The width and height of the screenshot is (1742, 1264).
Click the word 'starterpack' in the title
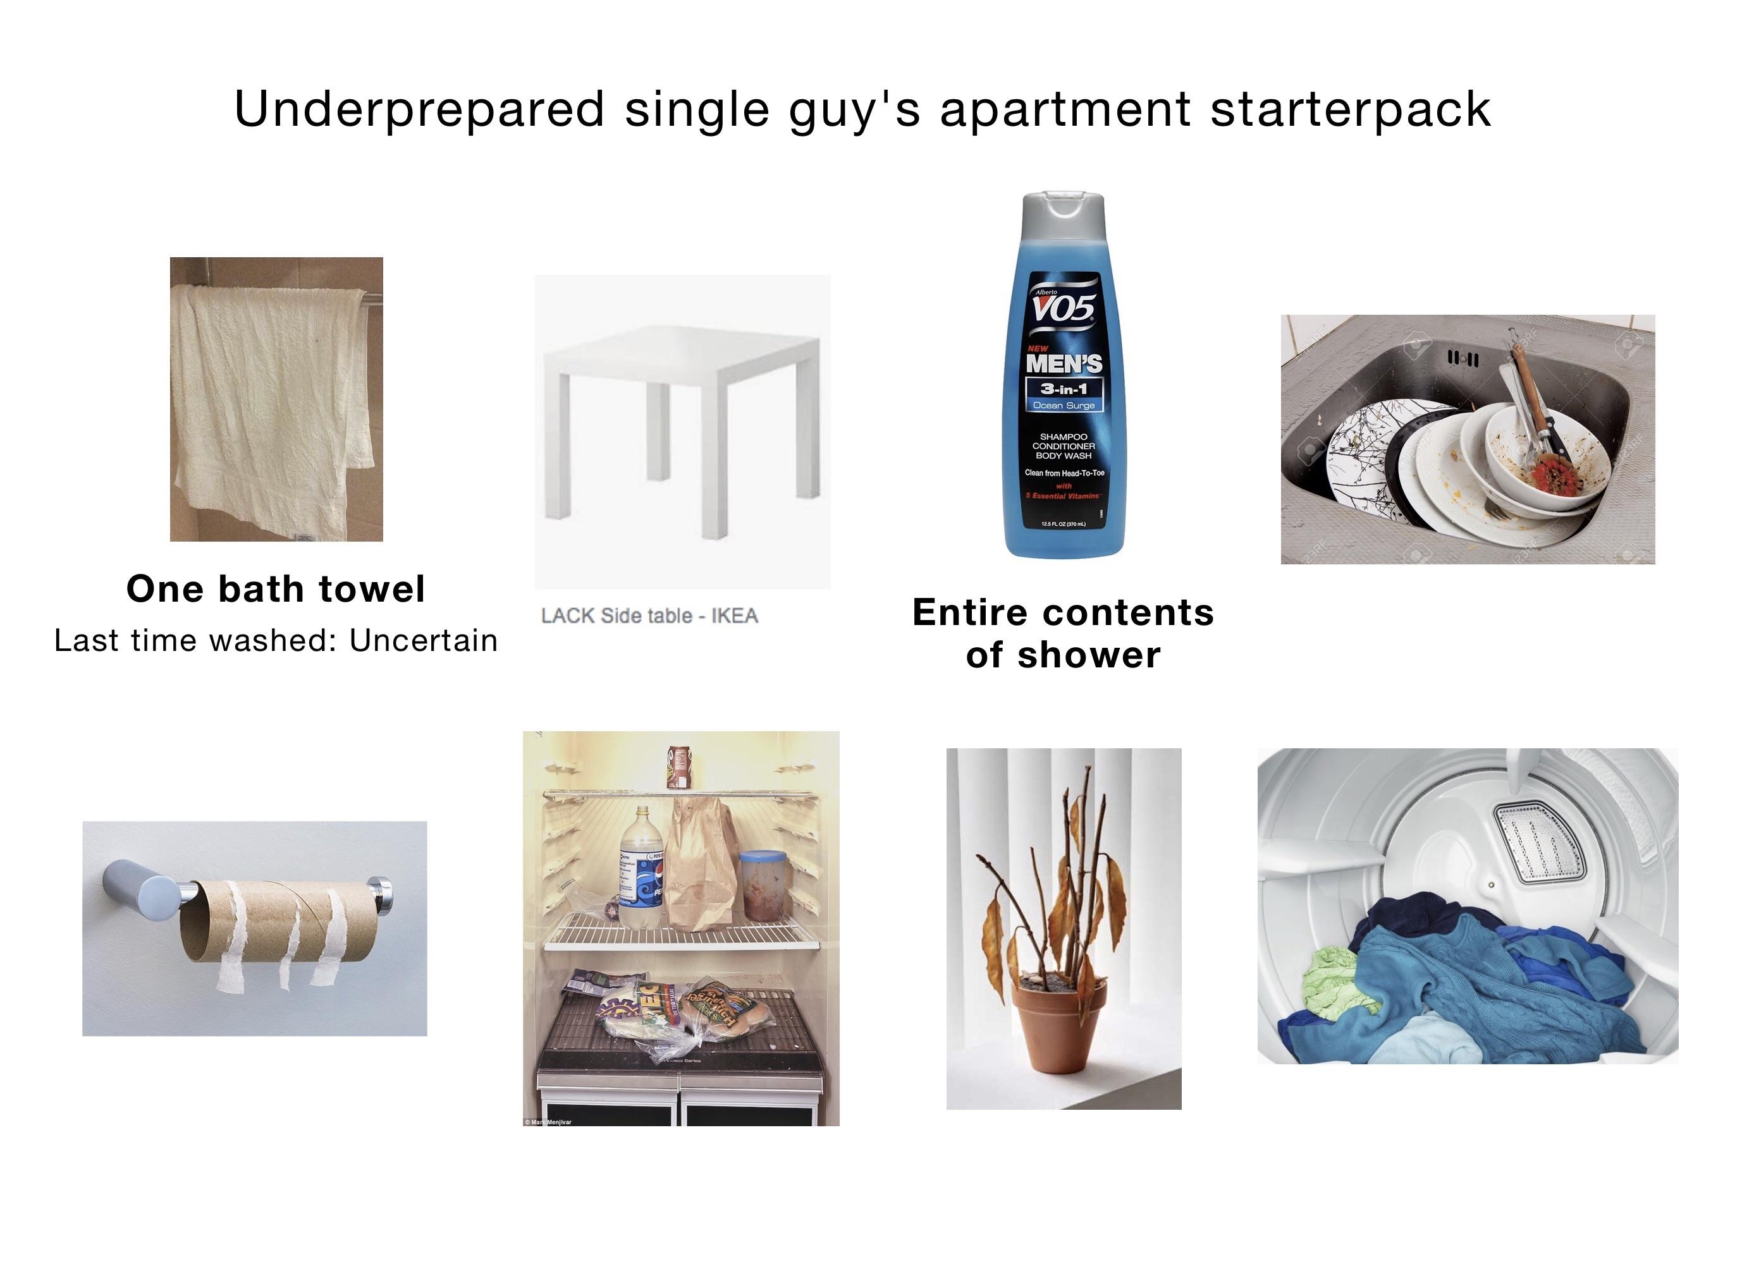click(1350, 110)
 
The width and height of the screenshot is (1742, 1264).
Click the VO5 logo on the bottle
click(1064, 308)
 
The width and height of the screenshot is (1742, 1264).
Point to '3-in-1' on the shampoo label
click(1064, 389)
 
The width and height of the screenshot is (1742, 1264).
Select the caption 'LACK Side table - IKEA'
click(649, 616)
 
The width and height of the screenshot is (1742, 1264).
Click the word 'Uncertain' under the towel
click(423, 640)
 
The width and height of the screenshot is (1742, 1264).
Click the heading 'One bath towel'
click(276, 590)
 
